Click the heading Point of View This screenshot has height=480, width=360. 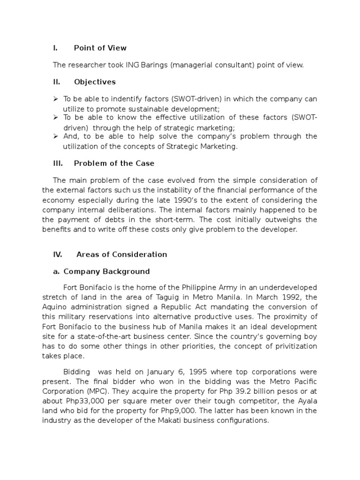click(100, 48)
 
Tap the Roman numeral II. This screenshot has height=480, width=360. click(56, 82)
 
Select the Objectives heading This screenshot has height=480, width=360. click(95, 82)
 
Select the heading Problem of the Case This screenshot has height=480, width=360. click(114, 163)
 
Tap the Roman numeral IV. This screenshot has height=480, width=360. click(57, 255)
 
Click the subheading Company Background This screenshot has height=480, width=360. click(106, 271)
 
